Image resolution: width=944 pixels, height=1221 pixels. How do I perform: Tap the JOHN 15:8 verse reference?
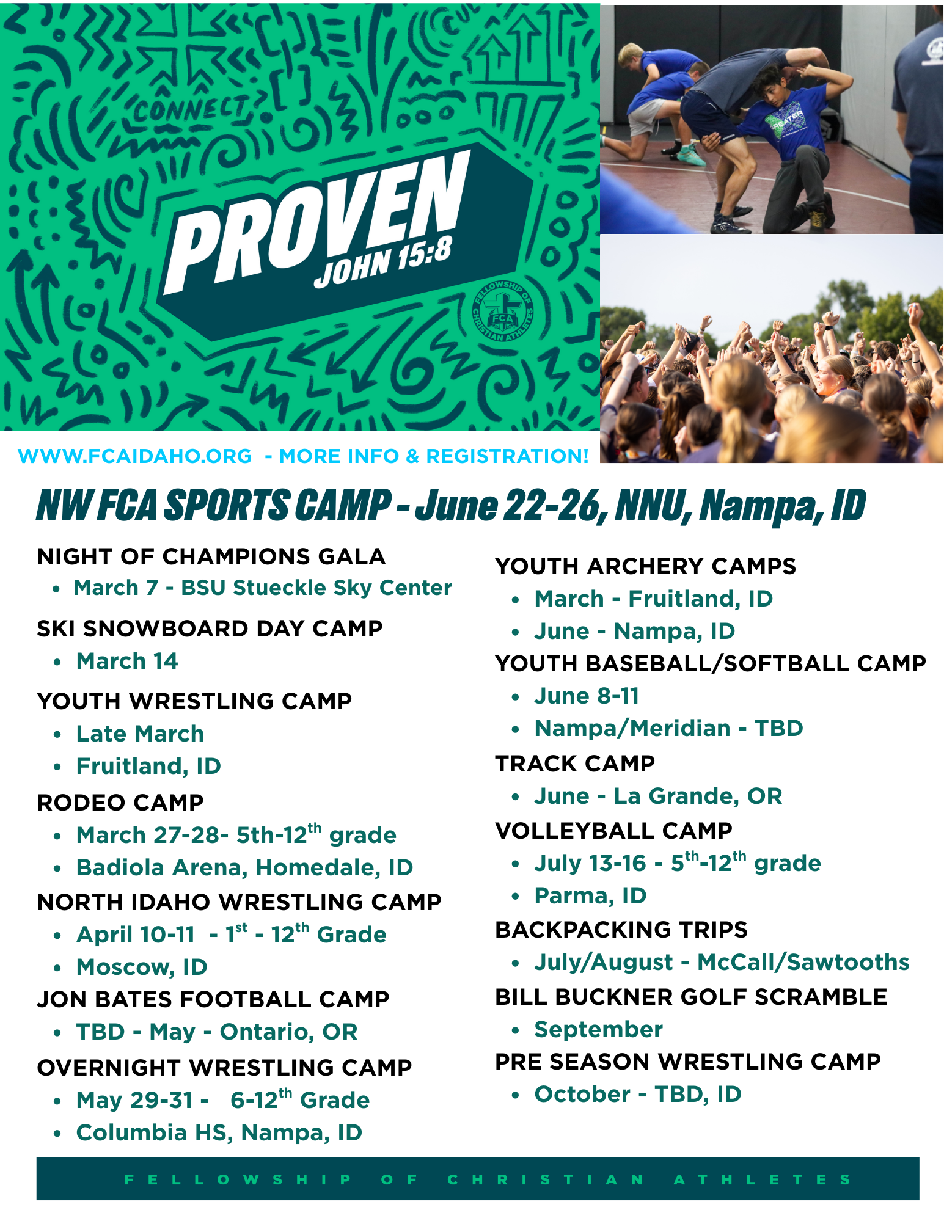[383, 263]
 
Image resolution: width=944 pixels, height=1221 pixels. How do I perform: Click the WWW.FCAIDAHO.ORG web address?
[135, 456]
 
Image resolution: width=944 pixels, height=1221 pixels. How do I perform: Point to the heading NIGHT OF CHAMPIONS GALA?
[211, 556]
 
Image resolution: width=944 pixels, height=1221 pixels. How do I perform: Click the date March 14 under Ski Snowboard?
[127, 661]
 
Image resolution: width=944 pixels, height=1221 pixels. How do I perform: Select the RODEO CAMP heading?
[120, 803]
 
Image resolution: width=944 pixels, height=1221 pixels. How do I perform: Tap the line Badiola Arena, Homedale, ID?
[244, 867]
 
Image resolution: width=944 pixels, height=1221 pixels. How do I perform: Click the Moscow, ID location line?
[142, 967]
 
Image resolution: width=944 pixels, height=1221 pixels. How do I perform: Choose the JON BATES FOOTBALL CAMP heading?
[213, 999]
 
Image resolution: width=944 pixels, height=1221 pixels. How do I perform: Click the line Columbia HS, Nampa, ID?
[219, 1132]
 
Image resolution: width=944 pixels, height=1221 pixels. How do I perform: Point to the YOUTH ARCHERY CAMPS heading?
[646, 566]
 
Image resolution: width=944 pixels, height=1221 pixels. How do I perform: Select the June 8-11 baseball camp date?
[587, 696]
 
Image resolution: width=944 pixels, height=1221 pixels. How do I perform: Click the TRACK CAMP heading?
[575, 764]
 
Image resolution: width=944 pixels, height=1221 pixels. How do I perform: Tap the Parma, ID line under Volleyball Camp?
[590, 895]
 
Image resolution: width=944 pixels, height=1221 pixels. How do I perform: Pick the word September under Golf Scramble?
[598, 1029]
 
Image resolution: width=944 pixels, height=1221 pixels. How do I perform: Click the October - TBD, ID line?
[638, 1094]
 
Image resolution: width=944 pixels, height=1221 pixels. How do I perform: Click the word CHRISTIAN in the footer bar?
[546, 1179]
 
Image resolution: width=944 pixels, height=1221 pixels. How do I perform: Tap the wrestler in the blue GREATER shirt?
[788, 147]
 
